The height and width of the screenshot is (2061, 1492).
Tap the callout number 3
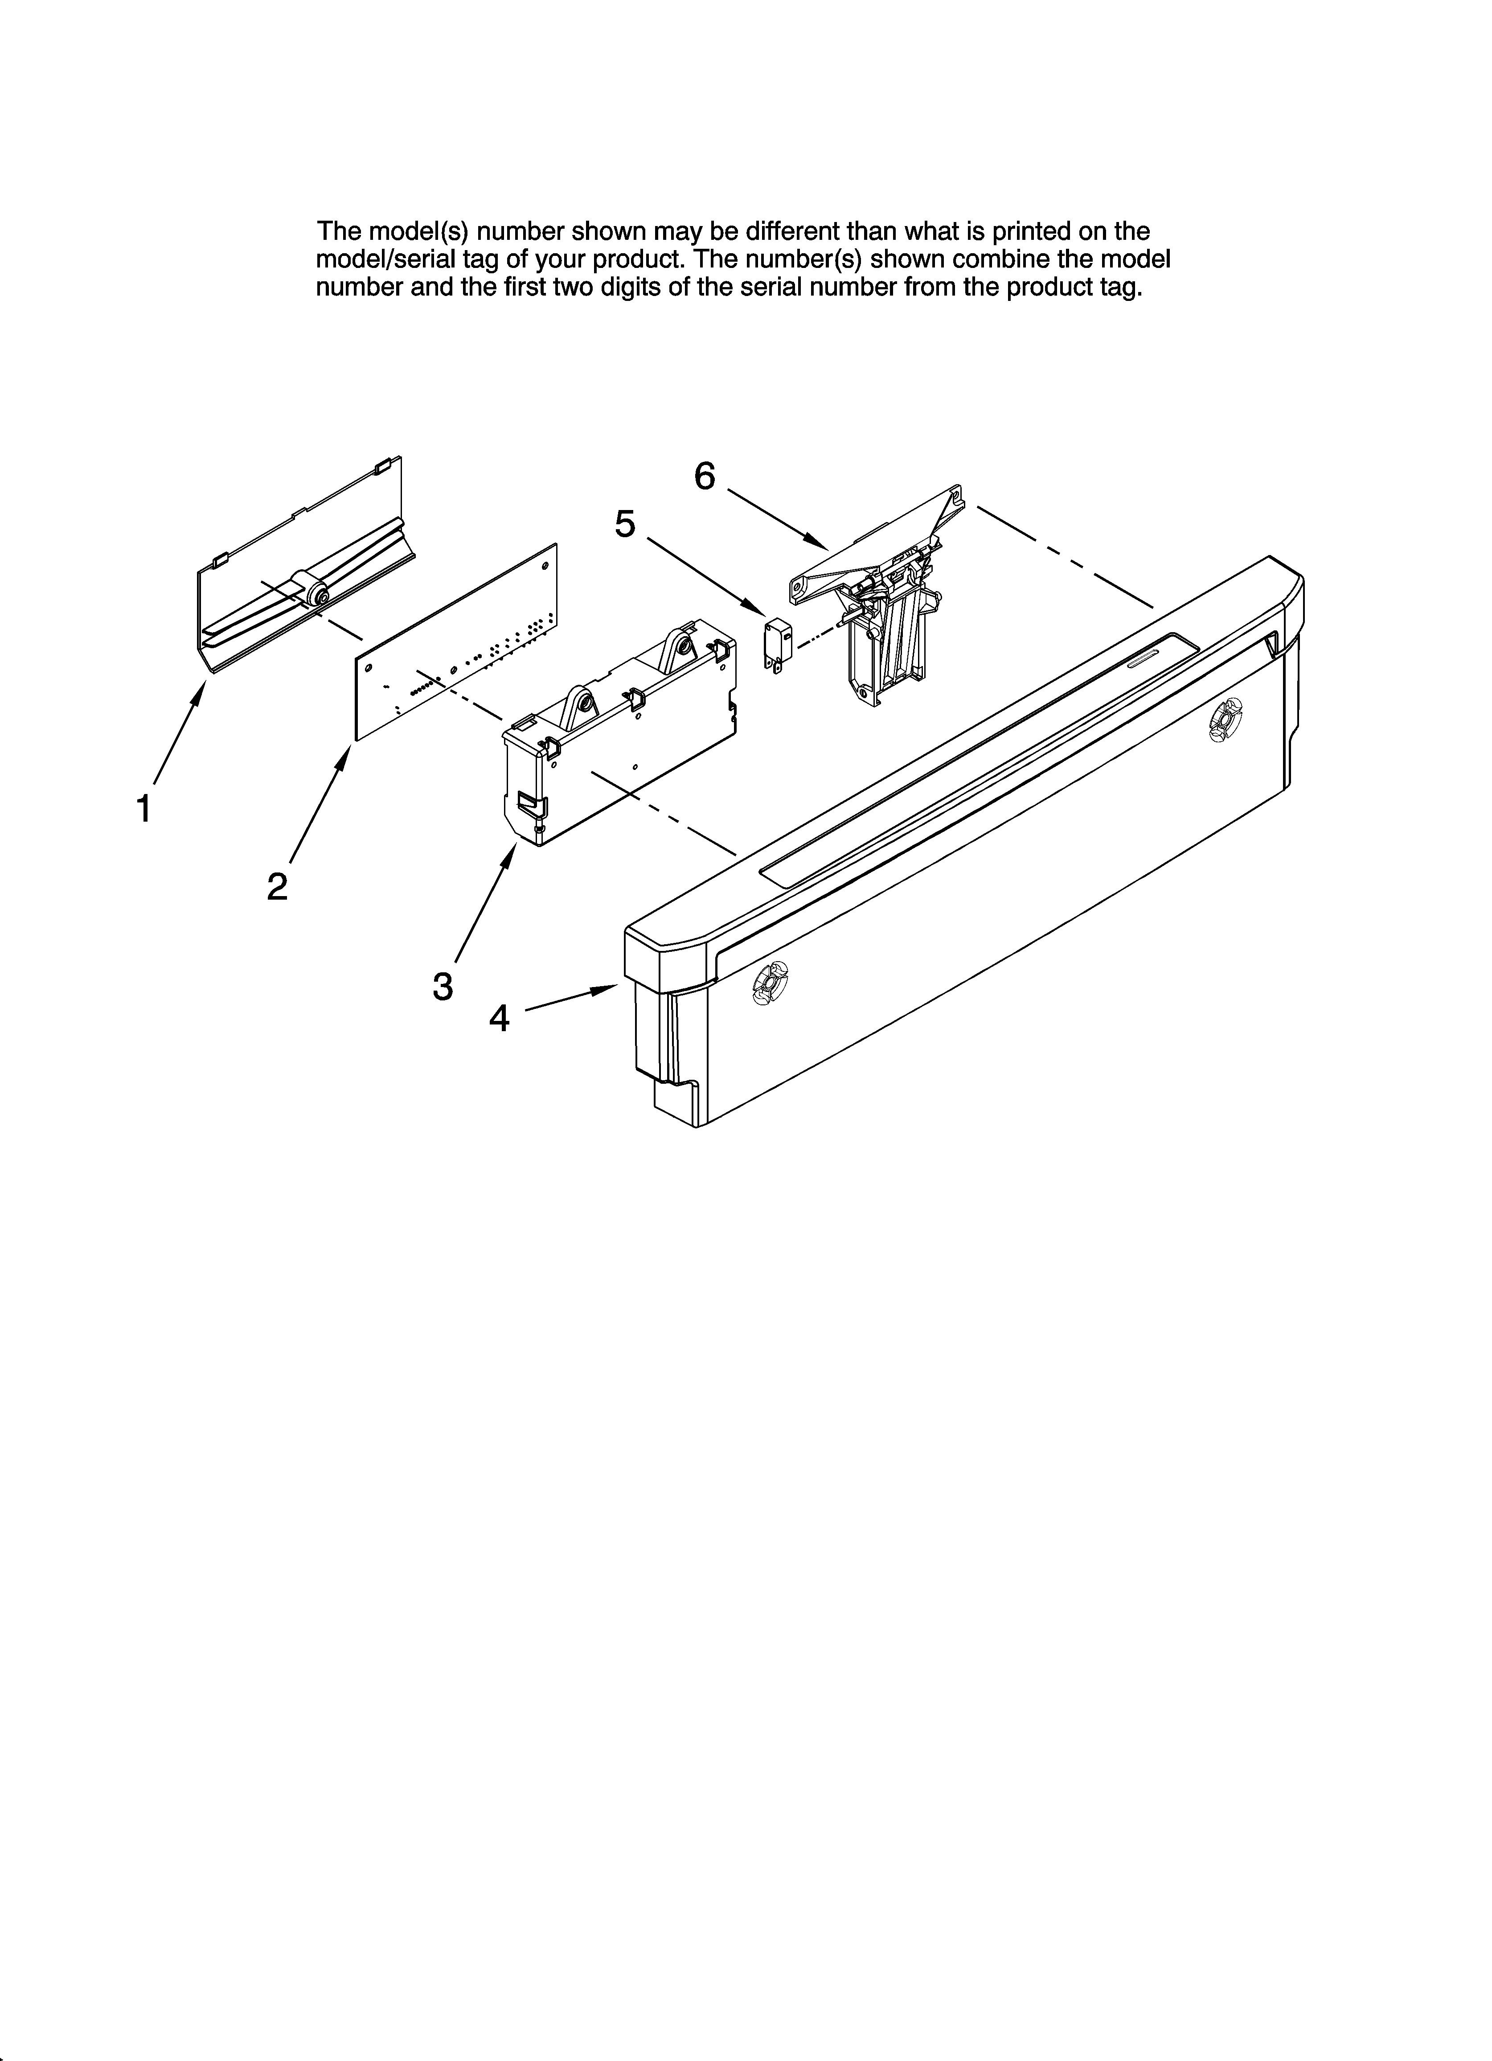tap(443, 986)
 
